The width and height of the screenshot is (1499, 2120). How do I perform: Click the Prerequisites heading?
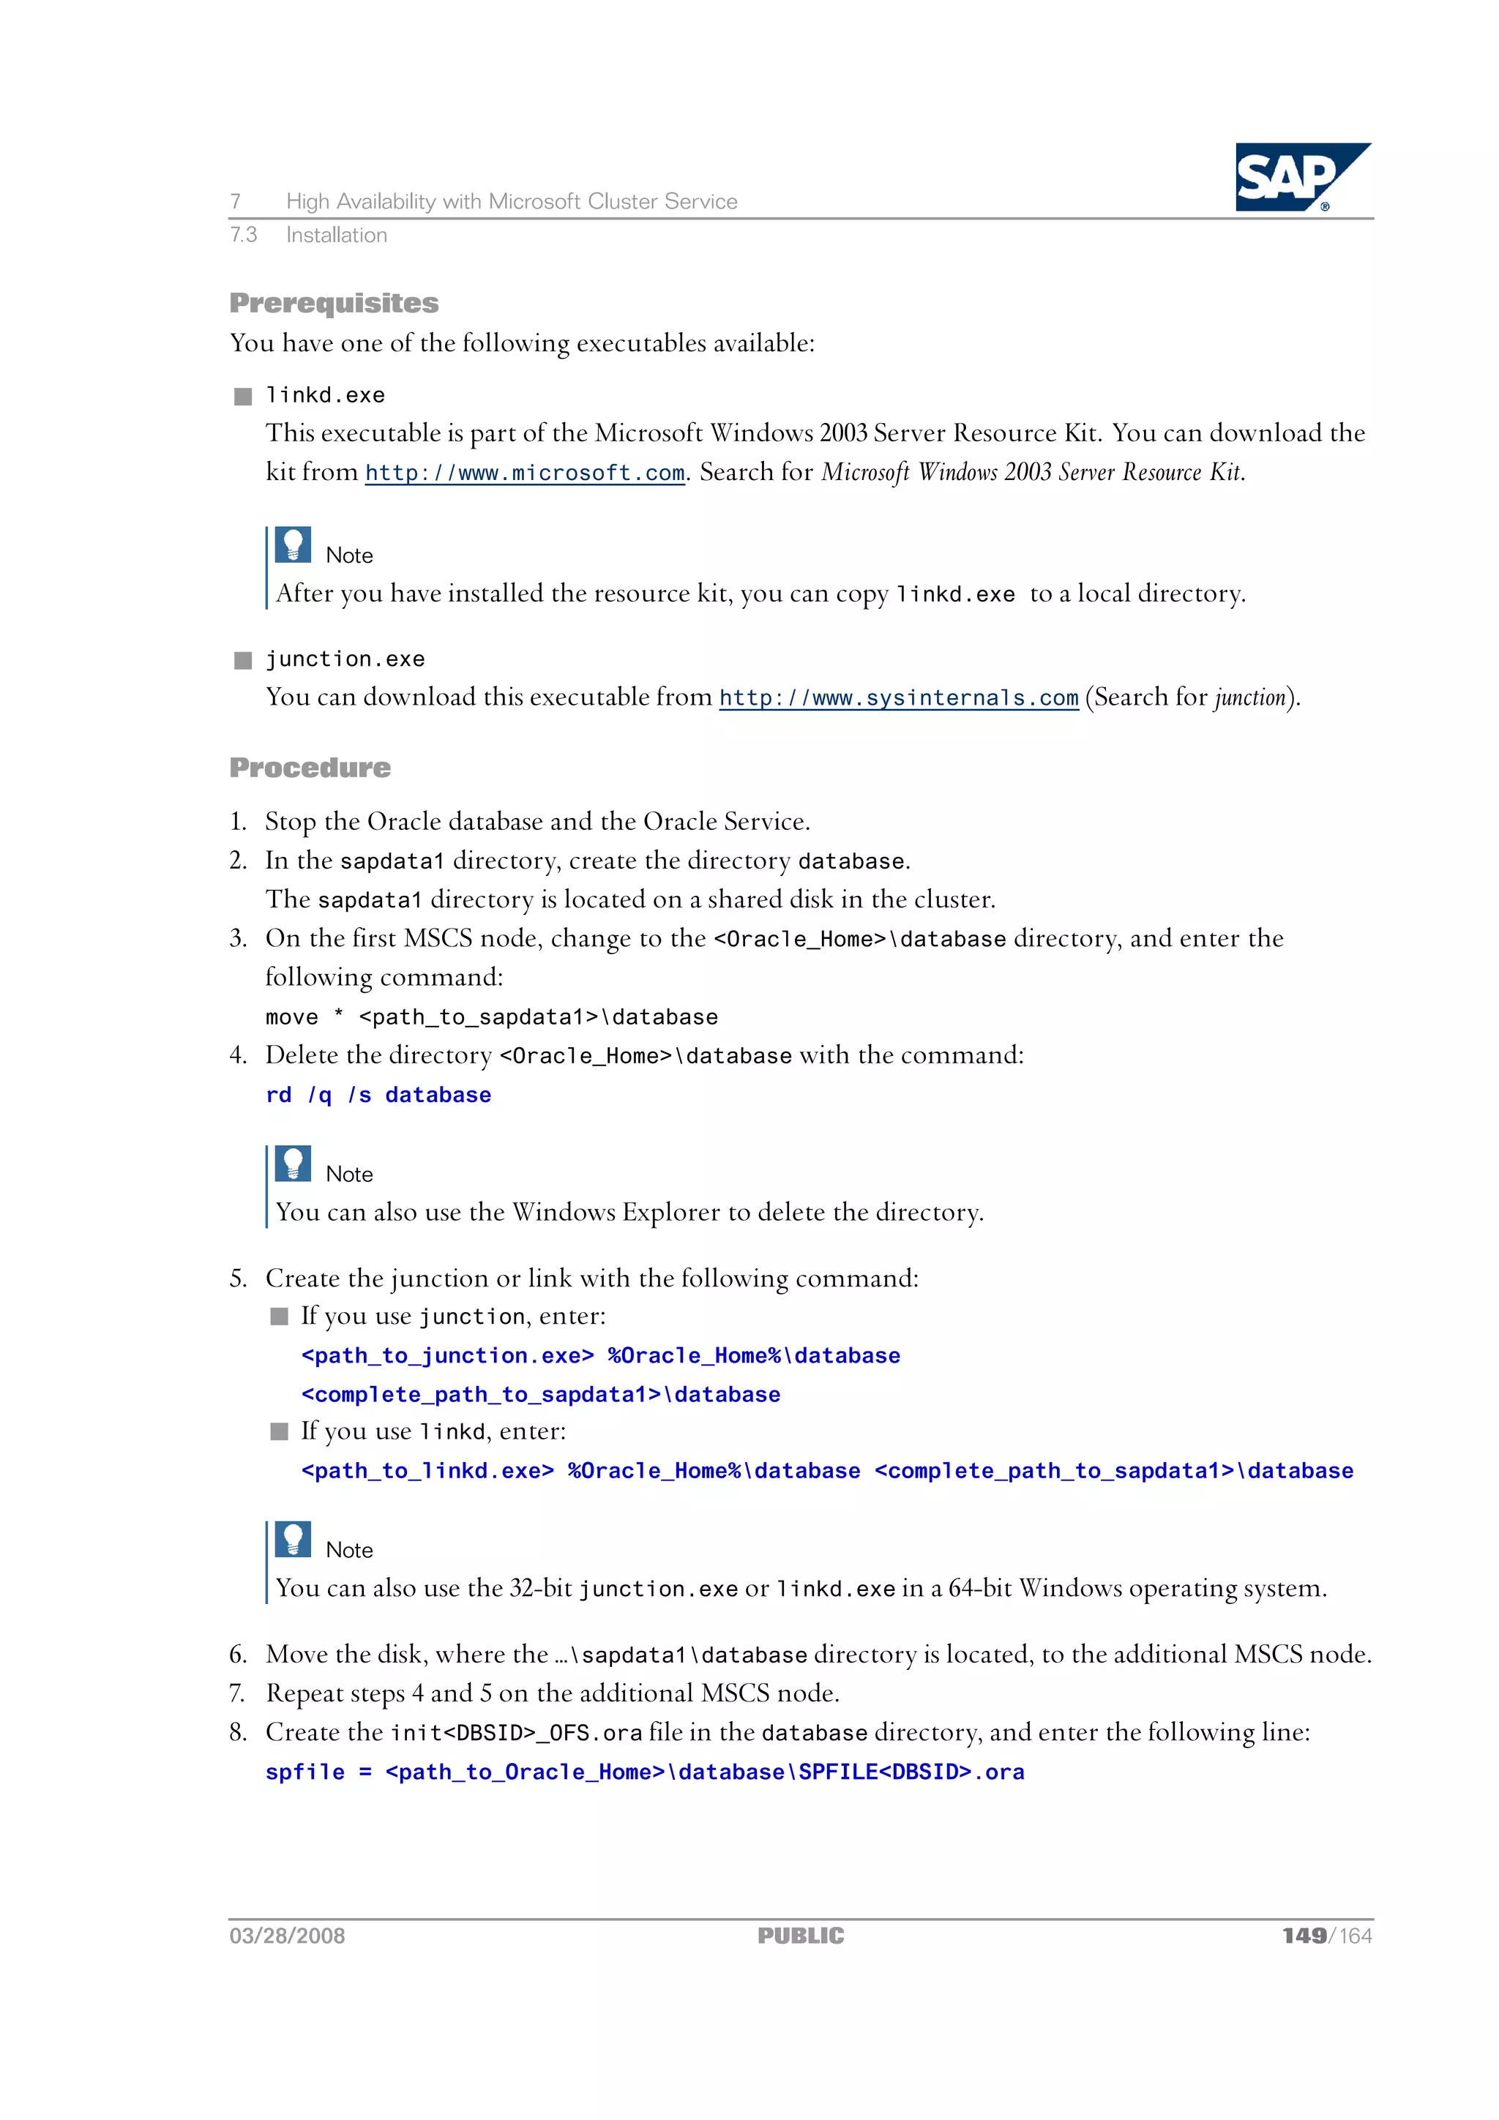pos(334,303)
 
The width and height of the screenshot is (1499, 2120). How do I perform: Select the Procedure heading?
pos(310,768)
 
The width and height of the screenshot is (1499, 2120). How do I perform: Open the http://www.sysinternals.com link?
pos(898,698)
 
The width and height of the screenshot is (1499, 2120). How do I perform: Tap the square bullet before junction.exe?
pos(243,660)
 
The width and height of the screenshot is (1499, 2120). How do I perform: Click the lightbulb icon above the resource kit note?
pos(293,544)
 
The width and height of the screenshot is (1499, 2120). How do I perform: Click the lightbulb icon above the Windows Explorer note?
pos(293,1164)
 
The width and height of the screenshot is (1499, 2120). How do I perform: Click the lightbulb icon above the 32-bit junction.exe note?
pos(293,1539)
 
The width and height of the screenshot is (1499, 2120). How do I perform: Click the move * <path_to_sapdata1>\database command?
pos(491,1017)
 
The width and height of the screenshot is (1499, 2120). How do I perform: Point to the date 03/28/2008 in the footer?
pos(287,1936)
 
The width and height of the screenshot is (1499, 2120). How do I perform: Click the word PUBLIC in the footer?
pos(800,1936)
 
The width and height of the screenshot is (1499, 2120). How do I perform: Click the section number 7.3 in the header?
pos(243,236)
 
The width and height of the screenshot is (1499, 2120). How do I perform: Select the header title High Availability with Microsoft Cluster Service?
pos(511,201)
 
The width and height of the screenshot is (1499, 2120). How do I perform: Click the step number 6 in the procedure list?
pos(237,1655)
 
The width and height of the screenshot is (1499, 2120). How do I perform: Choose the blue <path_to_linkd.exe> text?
pos(427,1471)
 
